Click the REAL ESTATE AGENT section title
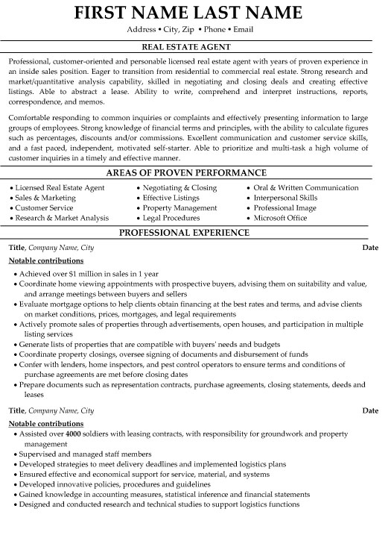tap(195, 46)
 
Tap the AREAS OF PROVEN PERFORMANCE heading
tap(195, 172)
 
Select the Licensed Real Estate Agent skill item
tap(60, 187)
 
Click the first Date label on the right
tap(370, 267)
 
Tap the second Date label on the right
tap(370, 410)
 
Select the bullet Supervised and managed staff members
tap(78, 453)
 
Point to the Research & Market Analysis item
tap(63, 219)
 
